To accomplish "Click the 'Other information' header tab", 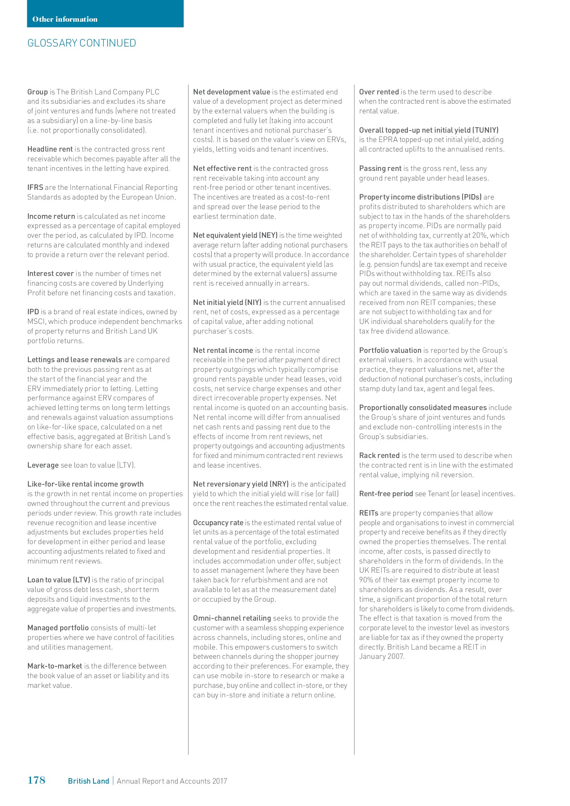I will click(x=65, y=19).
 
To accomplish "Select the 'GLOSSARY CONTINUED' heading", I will click(x=82, y=43).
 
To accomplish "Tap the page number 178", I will click(x=36, y=780).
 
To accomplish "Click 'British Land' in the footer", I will click(x=89, y=781).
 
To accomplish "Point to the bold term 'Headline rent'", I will click(x=50, y=149).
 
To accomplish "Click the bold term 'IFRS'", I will click(x=35, y=187).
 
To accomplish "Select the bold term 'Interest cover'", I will click(x=51, y=274).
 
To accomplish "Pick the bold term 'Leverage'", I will click(x=43, y=465).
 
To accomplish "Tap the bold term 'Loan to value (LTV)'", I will click(x=59, y=580).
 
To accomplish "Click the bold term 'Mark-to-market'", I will click(x=55, y=666).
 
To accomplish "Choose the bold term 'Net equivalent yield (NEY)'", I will click(x=235, y=235).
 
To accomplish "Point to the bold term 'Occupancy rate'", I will click(x=218, y=523).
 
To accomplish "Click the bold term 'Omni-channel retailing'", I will click(x=232, y=618).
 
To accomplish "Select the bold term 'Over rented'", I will click(x=379, y=92).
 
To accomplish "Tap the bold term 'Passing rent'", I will click(x=380, y=169).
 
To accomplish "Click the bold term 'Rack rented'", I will click(x=379, y=456).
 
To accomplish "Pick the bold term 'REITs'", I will click(x=368, y=513).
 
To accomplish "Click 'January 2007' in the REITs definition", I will click(x=381, y=656).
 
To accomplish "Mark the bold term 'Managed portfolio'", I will click(x=58, y=628).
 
